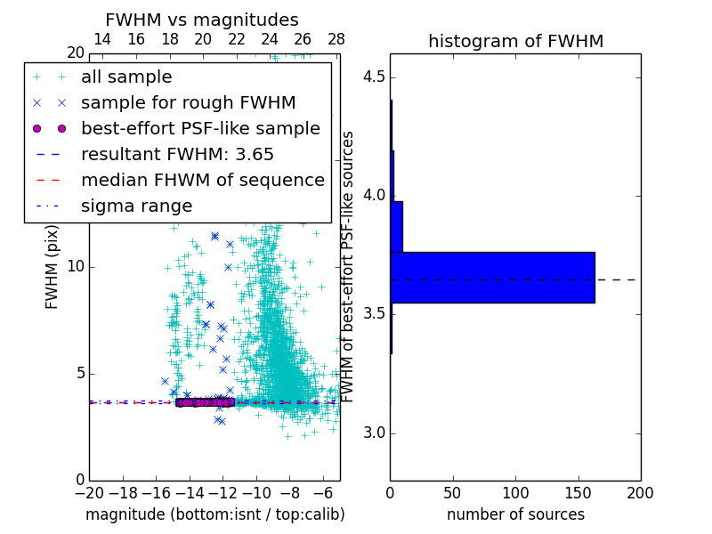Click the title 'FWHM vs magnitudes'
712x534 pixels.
coord(202,20)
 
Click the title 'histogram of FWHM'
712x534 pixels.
coord(515,41)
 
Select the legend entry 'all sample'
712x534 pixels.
coord(126,77)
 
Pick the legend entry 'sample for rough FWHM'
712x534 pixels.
coord(188,103)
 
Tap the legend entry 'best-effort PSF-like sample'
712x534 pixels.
coord(200,129)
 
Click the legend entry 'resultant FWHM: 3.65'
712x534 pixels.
coord(177,155)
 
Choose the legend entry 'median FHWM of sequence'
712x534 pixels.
coord(202,181)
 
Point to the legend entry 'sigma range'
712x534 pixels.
coord(136,206)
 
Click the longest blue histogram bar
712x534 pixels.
coord(492,278)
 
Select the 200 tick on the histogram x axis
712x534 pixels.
coord(640,492)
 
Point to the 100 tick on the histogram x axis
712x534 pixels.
coord(515,492)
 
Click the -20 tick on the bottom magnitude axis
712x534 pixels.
coord(89,492)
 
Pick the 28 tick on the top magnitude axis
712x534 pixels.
coord(336,39)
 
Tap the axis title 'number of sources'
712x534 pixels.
coord(515,514)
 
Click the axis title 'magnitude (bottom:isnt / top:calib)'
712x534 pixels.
coord(214,514)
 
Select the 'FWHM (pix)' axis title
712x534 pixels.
coord(53,267)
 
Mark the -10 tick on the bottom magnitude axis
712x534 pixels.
coord(256,492)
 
